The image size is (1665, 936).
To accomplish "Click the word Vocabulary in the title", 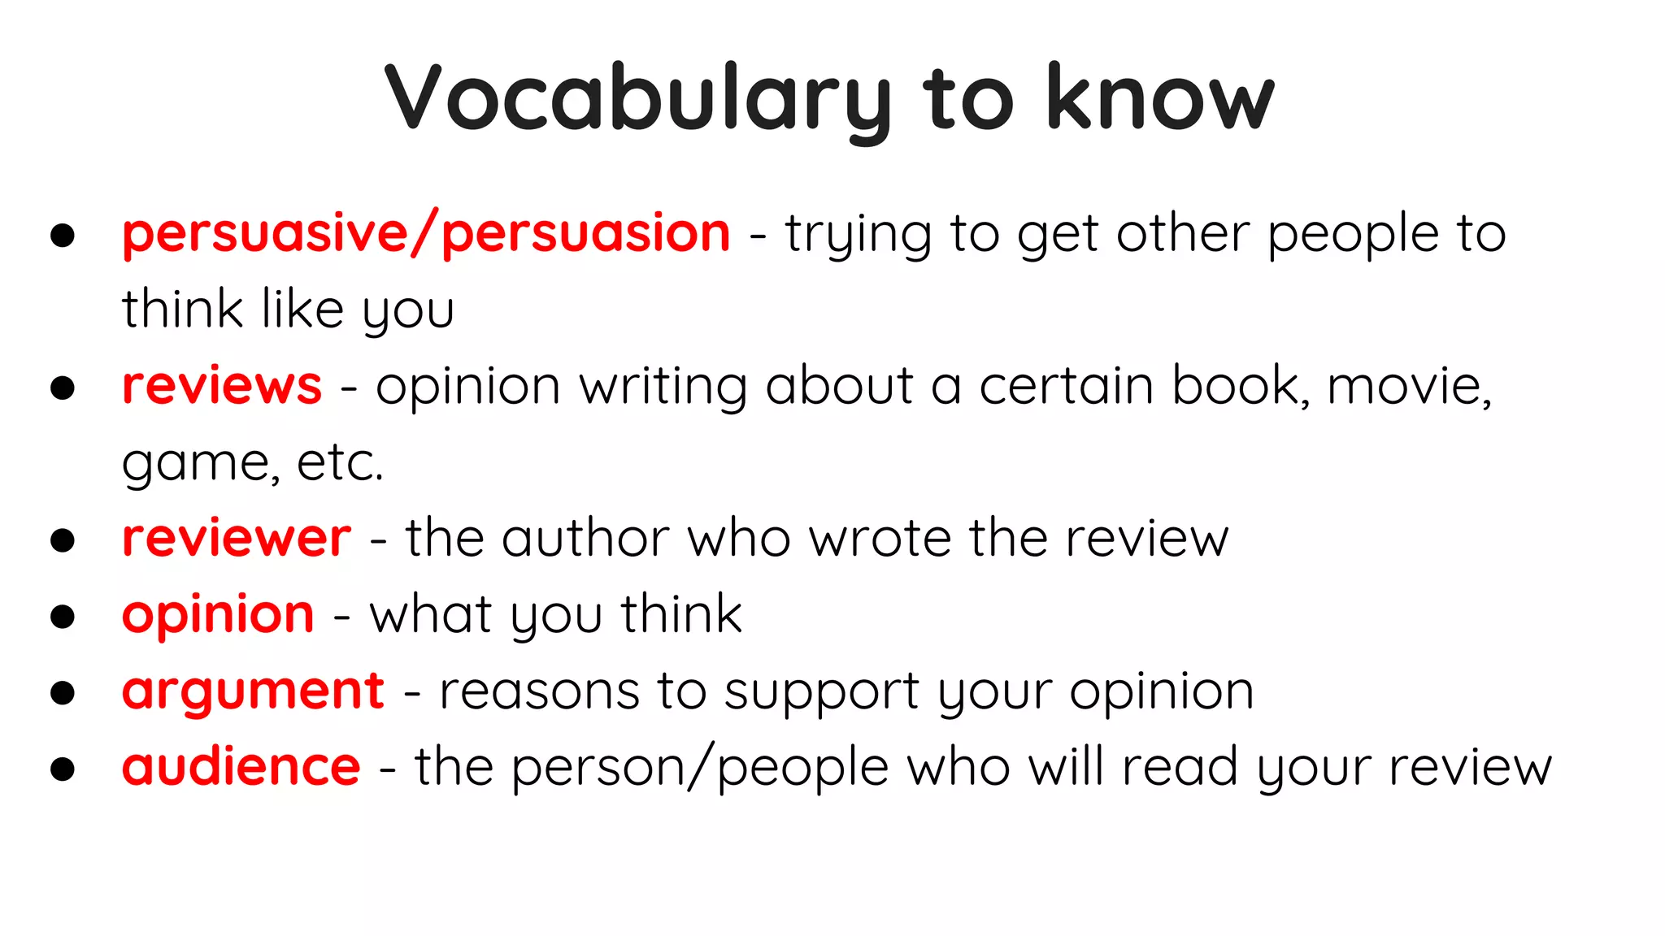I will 637,99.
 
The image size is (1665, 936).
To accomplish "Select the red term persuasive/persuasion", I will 426,234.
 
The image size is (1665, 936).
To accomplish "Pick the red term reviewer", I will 237,538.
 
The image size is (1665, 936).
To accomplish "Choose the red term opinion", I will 218,615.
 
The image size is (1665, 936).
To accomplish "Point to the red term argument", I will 253,691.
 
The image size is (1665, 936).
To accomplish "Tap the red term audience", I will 241,767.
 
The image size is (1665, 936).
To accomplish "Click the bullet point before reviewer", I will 63,540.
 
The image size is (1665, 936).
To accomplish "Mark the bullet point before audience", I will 63,769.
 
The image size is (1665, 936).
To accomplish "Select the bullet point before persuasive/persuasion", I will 63,236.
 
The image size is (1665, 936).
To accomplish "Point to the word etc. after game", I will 340,463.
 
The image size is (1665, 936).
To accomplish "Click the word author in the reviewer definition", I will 585,538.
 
